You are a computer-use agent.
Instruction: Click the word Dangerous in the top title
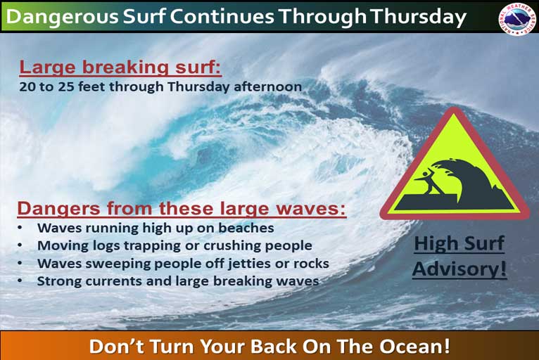click(63, 17)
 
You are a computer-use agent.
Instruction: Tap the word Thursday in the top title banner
click(418, 17)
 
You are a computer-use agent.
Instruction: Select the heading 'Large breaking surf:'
click(120, 67)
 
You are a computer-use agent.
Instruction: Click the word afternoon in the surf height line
click(268, 86)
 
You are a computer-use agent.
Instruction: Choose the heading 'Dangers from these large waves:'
click(182, 209)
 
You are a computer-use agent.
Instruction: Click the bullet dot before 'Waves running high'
click(20, 227)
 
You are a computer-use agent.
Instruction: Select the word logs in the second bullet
click(106, 246)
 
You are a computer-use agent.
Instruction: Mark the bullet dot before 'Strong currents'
click(20, 281)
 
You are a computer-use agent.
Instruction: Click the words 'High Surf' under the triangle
click(459, 243)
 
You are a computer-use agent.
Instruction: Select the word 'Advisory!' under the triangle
click(459, 269)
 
